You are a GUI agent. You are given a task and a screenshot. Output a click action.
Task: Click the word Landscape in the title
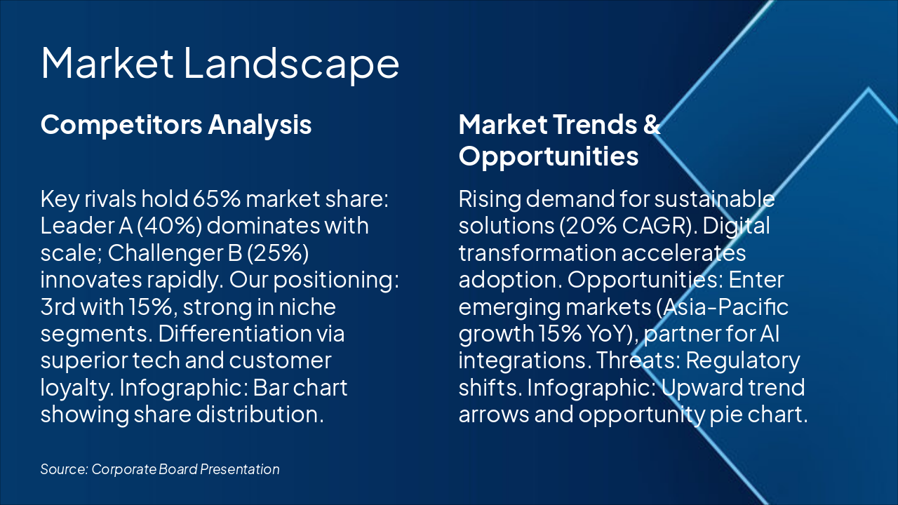click(291, 64)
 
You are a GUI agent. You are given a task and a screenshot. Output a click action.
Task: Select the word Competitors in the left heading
click(121, 126)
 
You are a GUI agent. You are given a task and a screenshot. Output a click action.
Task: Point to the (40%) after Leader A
click(170, 226)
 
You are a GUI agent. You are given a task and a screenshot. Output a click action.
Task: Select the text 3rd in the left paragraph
click(58, 307)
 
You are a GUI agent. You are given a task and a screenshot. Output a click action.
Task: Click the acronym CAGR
click(655, 226)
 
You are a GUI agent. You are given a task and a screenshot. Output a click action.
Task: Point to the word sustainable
click(715, 198)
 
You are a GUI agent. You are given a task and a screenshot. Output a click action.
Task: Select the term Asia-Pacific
click(723, 307)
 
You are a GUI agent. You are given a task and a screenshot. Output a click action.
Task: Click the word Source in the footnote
click(64, 469)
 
